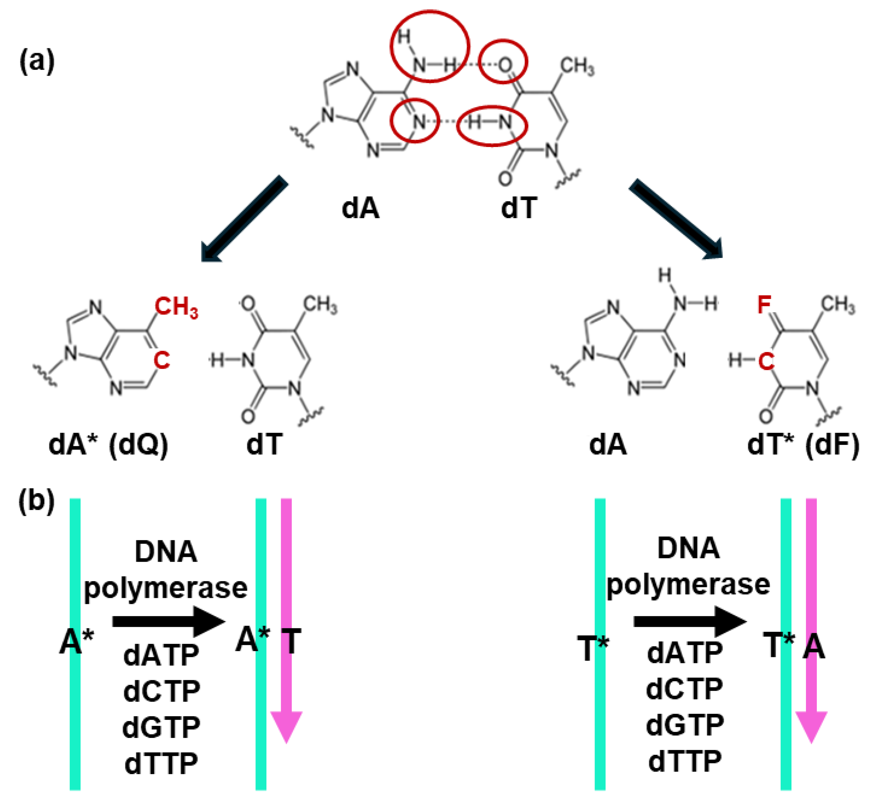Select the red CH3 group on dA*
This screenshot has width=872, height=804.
click(x=176, y=307)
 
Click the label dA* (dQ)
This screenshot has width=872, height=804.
click(x=108, y=445)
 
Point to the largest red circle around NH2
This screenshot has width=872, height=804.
click(x=430, y=46)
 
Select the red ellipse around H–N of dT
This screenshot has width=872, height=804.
click(x=492, y=125)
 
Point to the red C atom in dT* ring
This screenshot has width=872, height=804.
click(x=766, y=361)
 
